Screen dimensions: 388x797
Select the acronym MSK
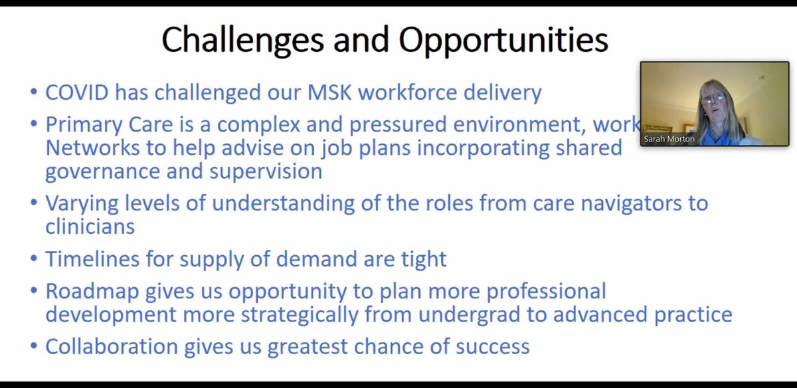(x=321, y=92)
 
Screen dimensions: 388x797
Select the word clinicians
(x=90, y=226)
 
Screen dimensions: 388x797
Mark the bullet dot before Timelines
(x=34, y=258)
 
